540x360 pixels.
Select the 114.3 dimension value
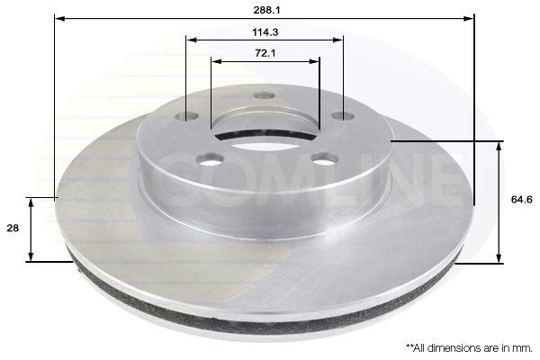265,32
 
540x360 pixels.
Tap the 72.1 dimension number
265,53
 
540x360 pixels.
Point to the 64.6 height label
521,200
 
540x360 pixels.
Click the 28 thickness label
13,228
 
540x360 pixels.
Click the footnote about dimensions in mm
469,348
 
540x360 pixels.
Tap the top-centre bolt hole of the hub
264,95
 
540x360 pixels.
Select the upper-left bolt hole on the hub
186,117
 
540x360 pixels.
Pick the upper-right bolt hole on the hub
343,116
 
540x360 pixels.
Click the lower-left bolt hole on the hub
210,159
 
